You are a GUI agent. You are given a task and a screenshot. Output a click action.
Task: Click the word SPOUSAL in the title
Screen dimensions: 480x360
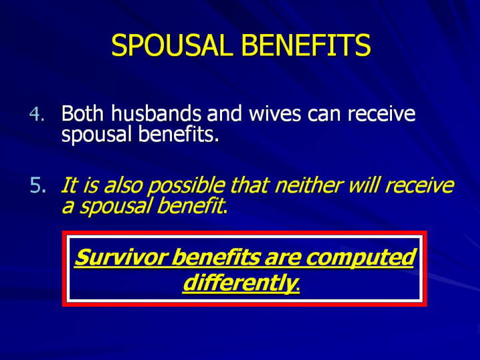[170, 45]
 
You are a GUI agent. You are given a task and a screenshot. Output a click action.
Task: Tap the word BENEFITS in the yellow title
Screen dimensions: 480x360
[306, 45]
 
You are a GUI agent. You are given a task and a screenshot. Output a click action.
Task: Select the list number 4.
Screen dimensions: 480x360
[37, 114]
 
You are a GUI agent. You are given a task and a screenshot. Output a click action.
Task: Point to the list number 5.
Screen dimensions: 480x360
[38, 185]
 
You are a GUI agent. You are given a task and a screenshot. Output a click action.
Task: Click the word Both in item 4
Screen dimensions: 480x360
[83, 113]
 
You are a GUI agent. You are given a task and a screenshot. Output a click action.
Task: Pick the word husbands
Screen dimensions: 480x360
[156, 113]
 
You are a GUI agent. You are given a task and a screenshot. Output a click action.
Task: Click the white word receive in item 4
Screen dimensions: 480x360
[381, 113]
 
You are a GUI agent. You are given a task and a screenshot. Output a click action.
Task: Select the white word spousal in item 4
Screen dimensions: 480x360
[97, 135]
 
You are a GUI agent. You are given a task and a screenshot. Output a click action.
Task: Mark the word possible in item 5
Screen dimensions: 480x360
[186, 186]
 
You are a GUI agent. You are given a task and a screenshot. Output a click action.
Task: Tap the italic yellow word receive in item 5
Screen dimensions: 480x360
[419, 185]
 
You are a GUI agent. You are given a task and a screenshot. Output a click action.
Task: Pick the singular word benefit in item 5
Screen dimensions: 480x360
[189, 206]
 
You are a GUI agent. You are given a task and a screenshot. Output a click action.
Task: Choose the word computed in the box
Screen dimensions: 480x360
[361, 258]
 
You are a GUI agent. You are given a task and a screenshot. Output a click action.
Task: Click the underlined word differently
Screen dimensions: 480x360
[240, 283]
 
